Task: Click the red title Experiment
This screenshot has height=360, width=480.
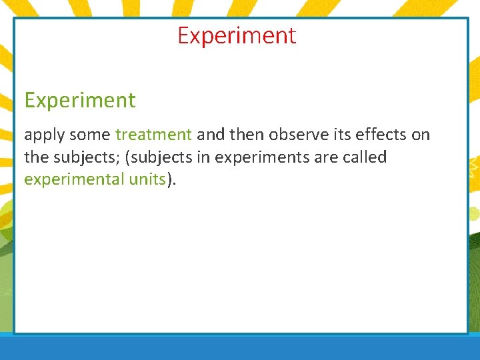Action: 237,36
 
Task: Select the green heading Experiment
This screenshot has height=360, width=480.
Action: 80,101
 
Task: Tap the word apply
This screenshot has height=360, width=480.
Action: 43,135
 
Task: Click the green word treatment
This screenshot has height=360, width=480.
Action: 153,135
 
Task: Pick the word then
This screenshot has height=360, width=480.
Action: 247,135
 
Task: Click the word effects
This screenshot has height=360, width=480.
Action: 383,135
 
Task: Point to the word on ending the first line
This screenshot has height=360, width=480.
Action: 421,135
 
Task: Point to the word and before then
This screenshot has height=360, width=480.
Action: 211,135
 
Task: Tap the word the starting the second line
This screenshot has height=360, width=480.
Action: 35,157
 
